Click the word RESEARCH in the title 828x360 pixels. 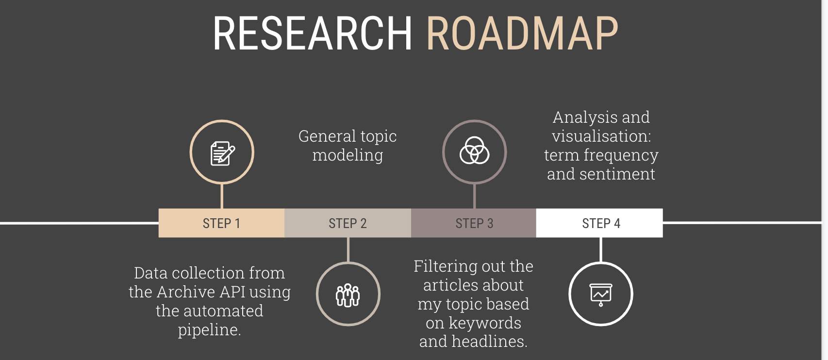[x=313, y=33]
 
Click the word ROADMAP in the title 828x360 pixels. [x=522, y=33]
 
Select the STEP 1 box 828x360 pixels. [x=221, y=223]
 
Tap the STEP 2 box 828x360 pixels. [x=348, y=223]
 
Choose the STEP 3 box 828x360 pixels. [x=474, y=223]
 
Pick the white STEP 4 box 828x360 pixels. [x=599, y=223]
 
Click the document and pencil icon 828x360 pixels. [x=222, y=153]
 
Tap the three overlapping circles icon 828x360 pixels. [x=475, y=150]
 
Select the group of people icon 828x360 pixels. [x=348, y=295]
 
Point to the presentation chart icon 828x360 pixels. [x=601, y=295]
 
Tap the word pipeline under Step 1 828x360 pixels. [x=209, y=330]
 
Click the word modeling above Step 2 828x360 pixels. [x=348, y=155]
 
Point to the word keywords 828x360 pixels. [x=485, y=323]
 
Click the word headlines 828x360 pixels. [x=490, y=341]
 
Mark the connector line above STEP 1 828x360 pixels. [x=222, y=196]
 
